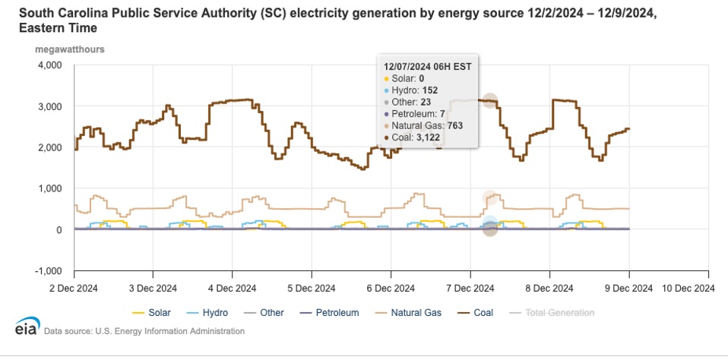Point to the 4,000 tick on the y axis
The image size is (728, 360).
(x=50, y=65)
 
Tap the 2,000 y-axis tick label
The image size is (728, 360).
(x=50, y=147)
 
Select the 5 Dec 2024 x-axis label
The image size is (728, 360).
(x=311, y=288)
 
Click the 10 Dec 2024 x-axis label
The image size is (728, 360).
(x=687, y=288)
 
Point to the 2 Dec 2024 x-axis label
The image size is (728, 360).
(x=74, y=288)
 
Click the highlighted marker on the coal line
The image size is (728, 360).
(x=490, y=100)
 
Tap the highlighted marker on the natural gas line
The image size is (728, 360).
(x=490, y=197)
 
